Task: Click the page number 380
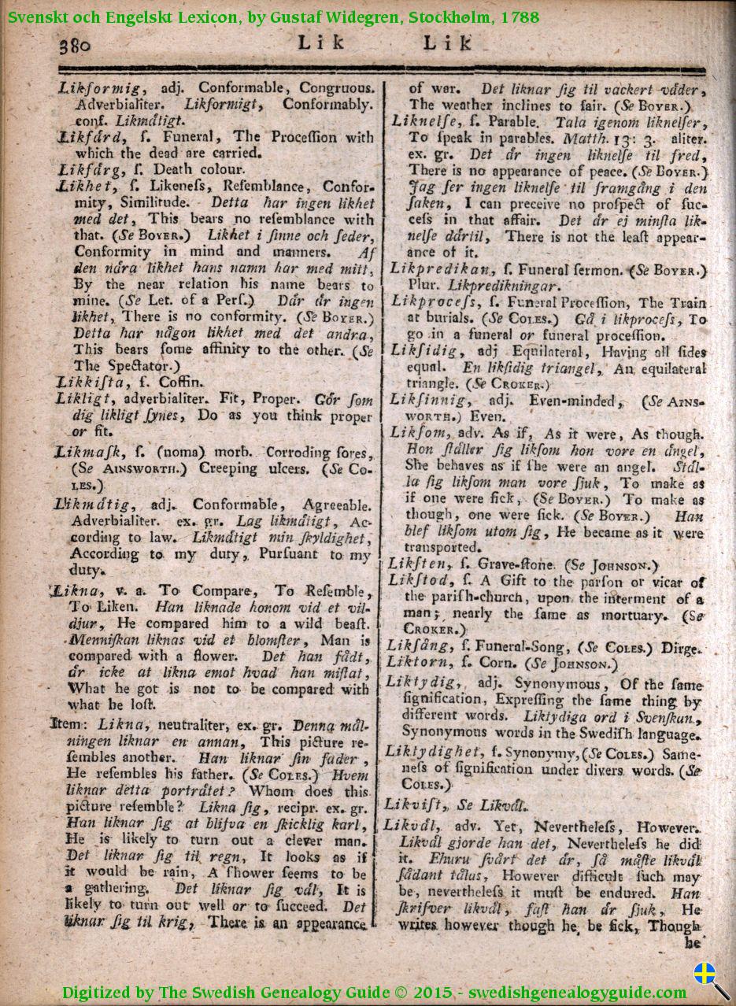pyautogui.click(x=76, y=45)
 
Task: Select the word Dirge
pyautogui.click(x=681, y=647)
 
